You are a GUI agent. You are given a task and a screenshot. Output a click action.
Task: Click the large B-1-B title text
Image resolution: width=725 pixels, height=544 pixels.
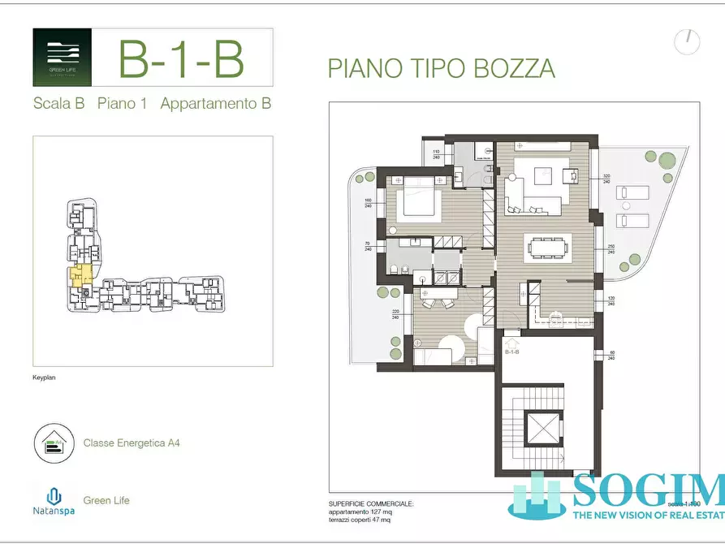point(180,58)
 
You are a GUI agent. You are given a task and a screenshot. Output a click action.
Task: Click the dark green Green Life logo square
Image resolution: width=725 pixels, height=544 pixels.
point(62,58)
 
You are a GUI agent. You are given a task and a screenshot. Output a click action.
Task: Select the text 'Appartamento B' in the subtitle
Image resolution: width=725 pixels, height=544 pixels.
point(215,104)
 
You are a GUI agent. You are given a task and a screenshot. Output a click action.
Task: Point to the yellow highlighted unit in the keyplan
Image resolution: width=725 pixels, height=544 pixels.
point(80,275)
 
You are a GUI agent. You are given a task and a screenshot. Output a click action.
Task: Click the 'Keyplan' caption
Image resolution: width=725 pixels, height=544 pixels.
point(44,378)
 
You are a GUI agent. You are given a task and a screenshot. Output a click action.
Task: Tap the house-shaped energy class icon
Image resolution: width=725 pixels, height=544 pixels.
point(54,443)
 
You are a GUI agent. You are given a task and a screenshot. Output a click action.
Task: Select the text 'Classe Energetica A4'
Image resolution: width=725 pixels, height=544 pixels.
point(132,443)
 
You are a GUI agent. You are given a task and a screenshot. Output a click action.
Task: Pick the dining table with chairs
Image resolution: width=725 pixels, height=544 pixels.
point(550,248)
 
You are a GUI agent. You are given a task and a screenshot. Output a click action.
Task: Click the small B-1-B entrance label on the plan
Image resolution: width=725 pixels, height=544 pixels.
point(511,352)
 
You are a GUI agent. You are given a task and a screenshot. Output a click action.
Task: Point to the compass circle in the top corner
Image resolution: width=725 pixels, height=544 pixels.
point(687,41)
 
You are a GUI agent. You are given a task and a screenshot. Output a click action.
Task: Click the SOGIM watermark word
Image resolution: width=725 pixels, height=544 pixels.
point(648,490)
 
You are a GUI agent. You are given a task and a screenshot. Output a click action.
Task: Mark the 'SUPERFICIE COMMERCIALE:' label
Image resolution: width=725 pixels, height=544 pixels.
point(371,504)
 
